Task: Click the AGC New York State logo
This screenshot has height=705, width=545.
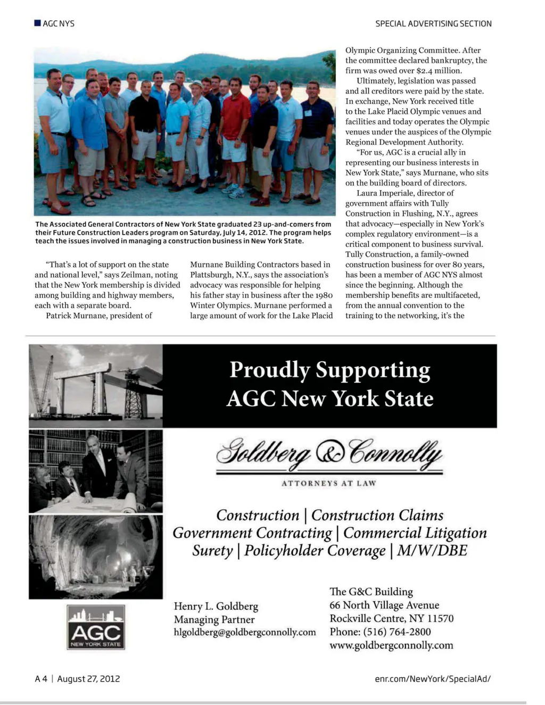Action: (96, 628)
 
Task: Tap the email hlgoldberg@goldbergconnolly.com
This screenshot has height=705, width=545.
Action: (245, 632)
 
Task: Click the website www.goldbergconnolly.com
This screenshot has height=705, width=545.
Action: (391, 645)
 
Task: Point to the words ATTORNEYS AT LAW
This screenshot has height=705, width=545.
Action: (328, 483)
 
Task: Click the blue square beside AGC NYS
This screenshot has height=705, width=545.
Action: (37, 23)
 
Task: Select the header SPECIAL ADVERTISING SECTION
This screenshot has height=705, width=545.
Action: (433, 23)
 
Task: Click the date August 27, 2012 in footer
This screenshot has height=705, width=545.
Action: (88, 678)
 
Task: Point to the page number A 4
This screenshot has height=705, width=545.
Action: (40, 678)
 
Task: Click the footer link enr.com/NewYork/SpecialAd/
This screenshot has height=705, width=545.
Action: (433, 678)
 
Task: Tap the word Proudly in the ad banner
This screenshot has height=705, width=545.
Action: (269, 370)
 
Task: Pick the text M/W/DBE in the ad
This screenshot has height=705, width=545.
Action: (432, 550)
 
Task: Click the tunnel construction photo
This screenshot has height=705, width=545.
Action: (96, 556)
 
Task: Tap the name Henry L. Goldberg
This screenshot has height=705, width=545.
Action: (216, 606)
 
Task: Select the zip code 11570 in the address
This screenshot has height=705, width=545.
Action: (440, 618)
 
